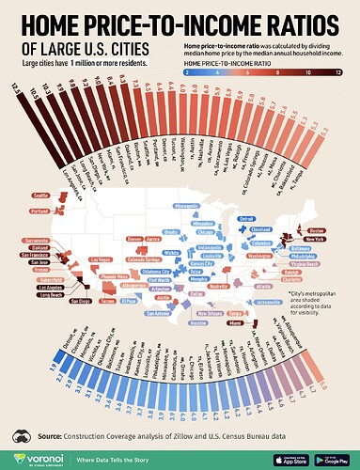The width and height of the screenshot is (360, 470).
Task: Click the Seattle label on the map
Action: (x=40, y=196)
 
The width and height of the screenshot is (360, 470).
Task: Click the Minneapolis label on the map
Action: (x=187, y=204)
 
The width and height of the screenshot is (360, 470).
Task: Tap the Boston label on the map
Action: (x=317, y=230)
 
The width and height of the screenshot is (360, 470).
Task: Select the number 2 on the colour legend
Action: (x=188, y=70)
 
